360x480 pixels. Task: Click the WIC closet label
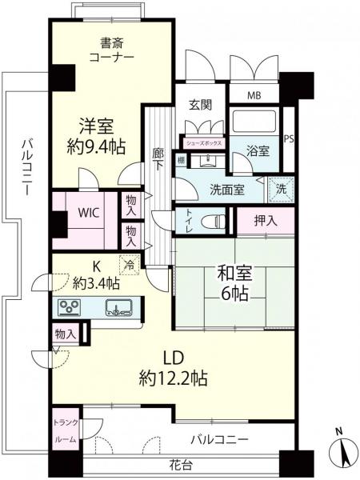tap(88, 214)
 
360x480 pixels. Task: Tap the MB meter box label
tap(253, 95)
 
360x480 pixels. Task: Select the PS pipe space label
tap(289, 138)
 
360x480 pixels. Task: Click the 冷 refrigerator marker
tap(128, 262)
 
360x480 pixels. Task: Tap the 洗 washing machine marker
tap(280, 190)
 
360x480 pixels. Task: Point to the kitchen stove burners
tap(69, 306)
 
